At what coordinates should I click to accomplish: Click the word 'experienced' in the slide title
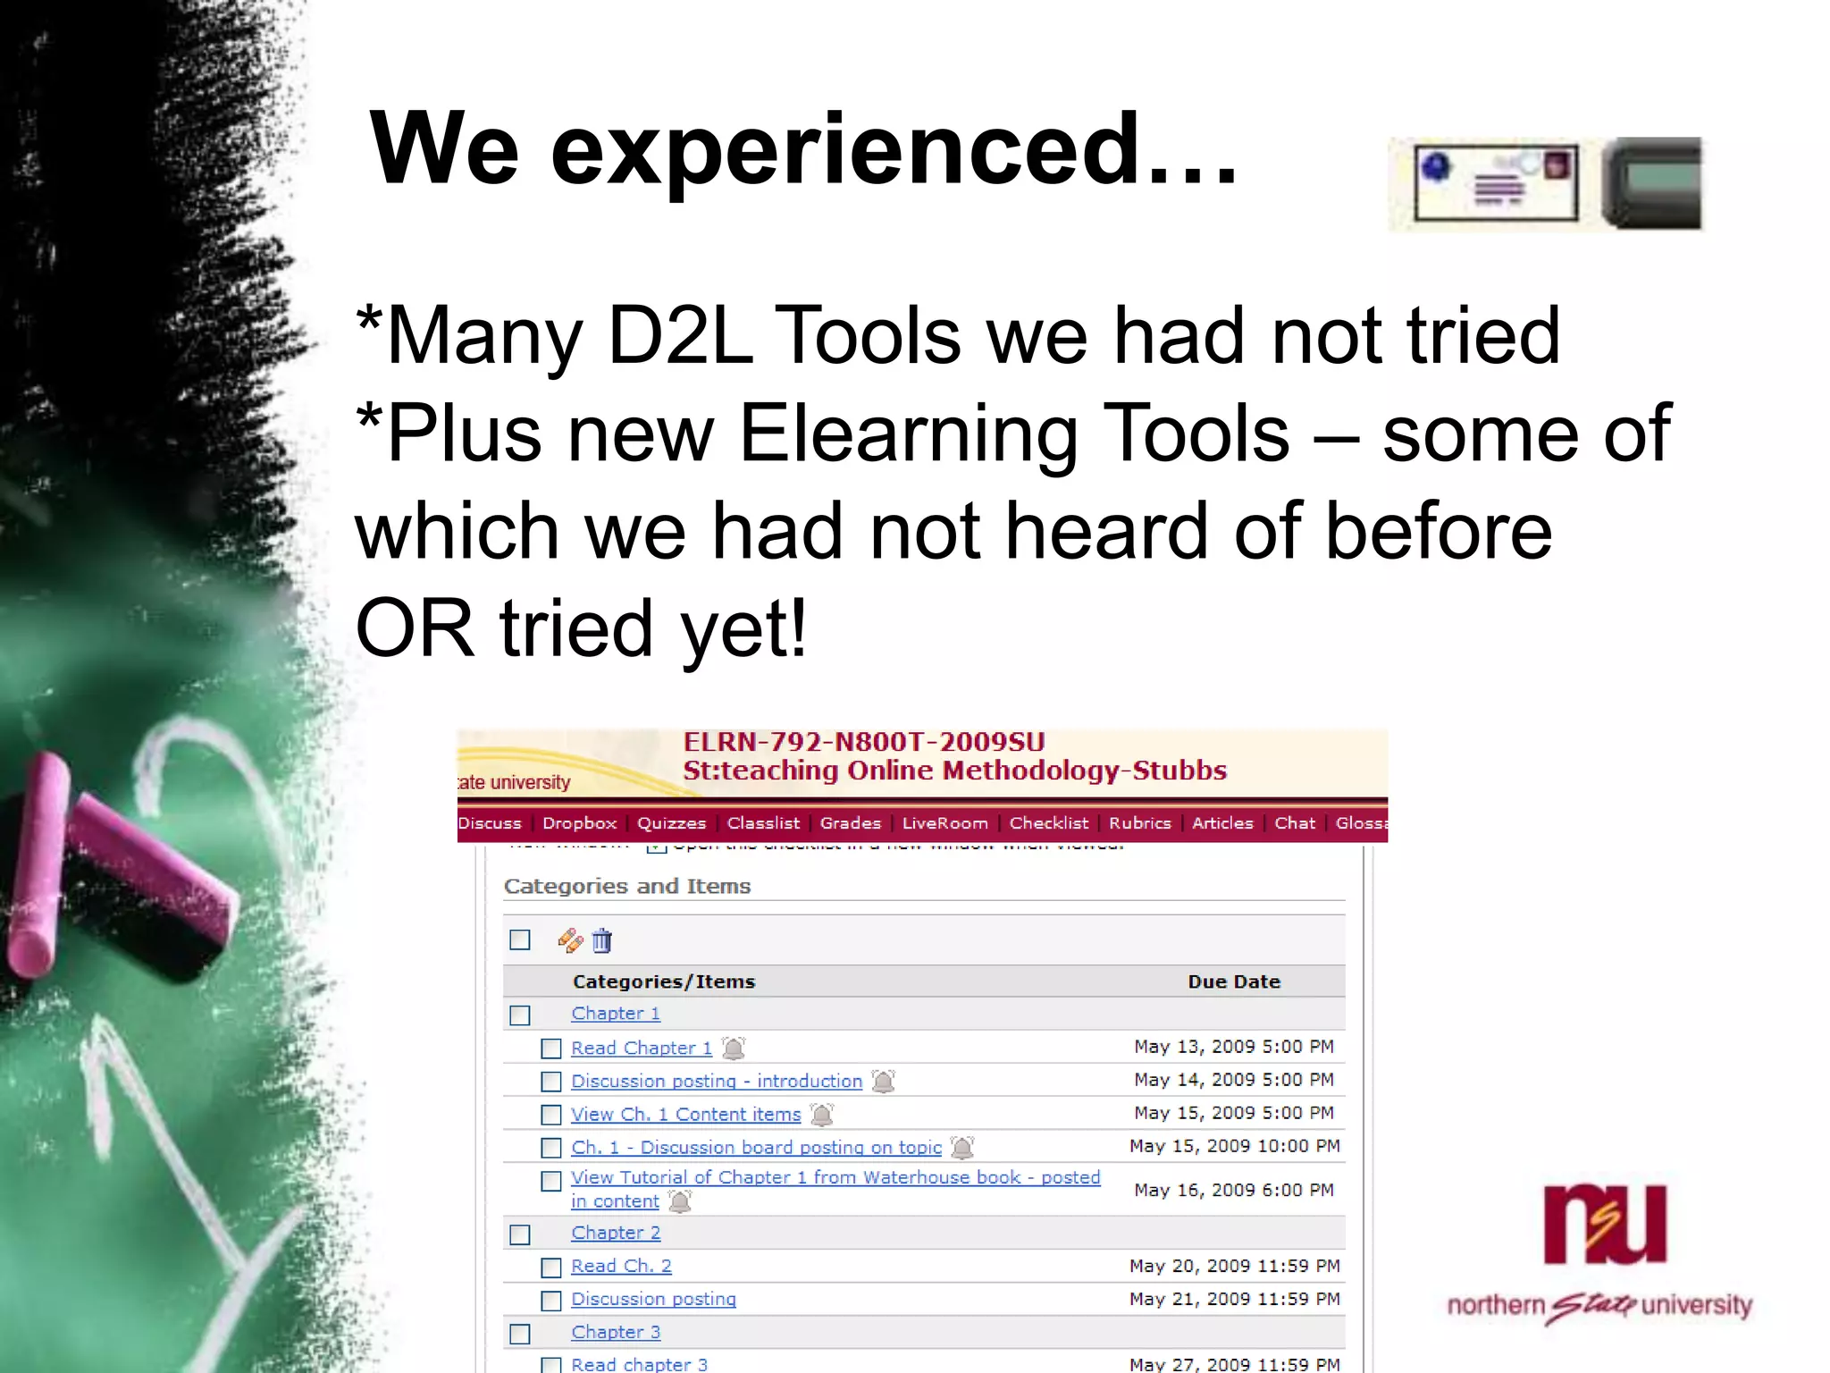coord(844,150)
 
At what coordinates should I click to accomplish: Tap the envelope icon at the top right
coord(1496,183)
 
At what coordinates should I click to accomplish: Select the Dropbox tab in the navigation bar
coord(579,823)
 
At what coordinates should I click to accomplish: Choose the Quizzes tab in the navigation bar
coord(671,823)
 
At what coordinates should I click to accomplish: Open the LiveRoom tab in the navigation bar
coord(944,823)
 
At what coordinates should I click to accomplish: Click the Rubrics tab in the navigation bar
coord(1139,823)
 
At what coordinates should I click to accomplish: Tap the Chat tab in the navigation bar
coord(1295,823)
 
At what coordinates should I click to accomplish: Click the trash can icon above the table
coord(602,940)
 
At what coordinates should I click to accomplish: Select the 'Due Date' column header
coord(1233,981)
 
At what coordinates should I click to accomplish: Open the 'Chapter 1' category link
coord(616,1014)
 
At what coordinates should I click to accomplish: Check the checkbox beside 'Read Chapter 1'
coord(551,1049)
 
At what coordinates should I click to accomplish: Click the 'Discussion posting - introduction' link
coord(717,1082)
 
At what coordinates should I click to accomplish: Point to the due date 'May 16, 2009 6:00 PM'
coord(1233,1190)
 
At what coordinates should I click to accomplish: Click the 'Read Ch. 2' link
coord(621,1267)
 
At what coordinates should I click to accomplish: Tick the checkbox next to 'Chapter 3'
coord(519,1334)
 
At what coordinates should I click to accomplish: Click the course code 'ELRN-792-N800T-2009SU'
coord(863,742)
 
